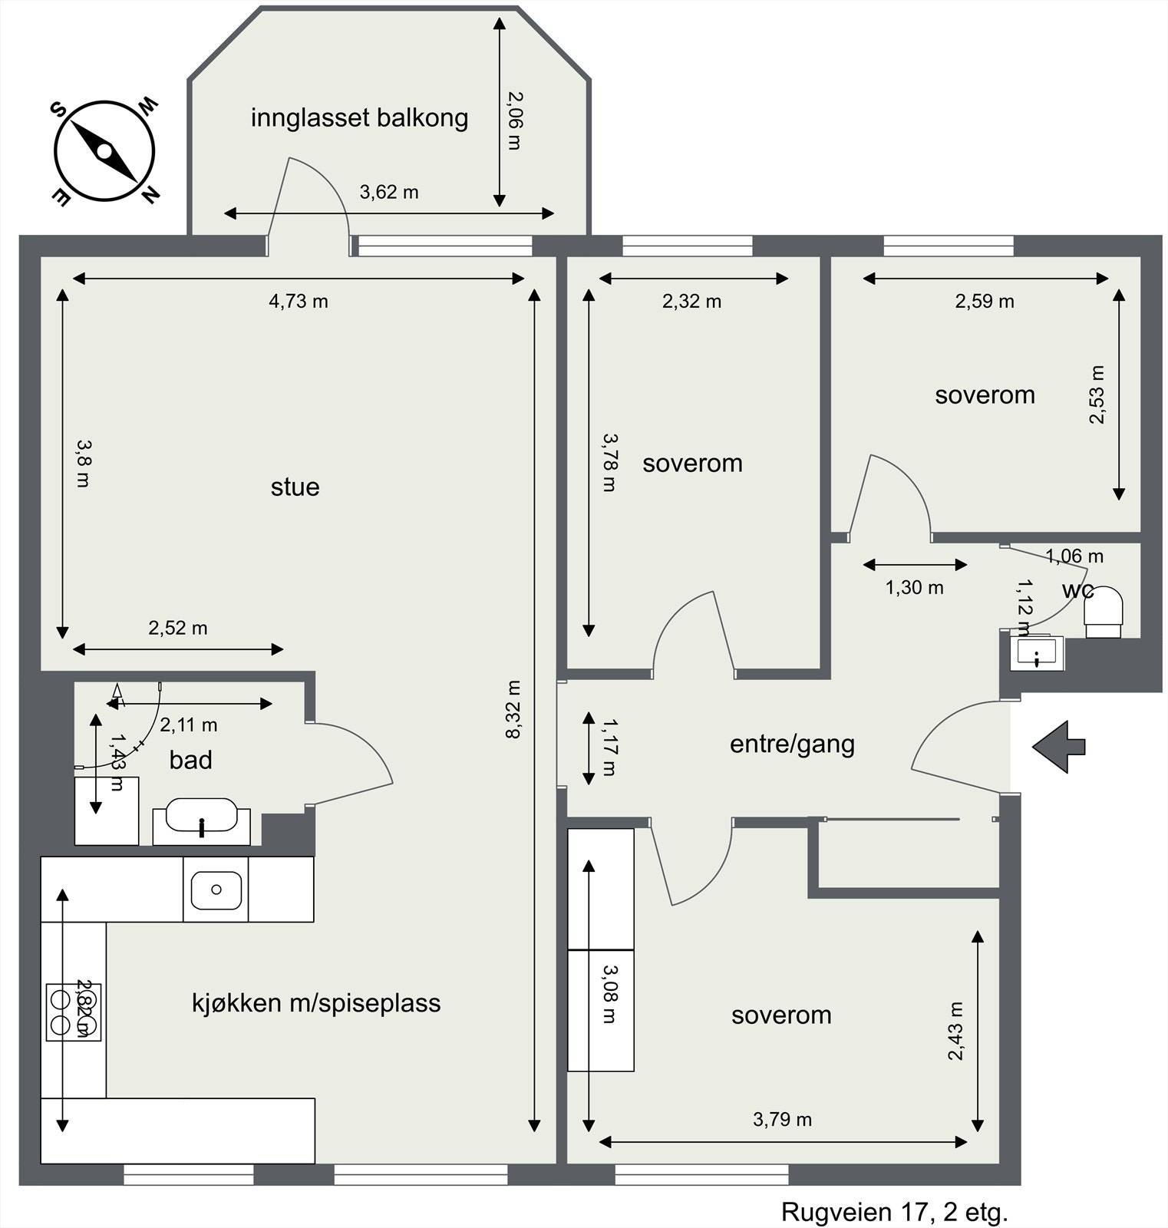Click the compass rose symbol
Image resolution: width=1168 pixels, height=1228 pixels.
click(104, 151)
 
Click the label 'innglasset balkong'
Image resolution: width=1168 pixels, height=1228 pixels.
click(359, 118)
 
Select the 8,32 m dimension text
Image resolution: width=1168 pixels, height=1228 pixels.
click(513, 709)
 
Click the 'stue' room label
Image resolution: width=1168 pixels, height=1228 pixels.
click(295, 487)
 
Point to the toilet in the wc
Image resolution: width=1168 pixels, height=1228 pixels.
click(1104, 611)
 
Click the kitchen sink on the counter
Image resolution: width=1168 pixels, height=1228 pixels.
click(216, 890)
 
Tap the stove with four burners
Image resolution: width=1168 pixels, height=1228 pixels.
click(73, 1012)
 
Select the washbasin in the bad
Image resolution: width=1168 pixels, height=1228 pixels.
click(202, 819)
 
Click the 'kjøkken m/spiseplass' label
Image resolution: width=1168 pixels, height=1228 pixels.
click(316, 1003)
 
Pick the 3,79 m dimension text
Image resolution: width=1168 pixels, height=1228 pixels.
click(782, 1120)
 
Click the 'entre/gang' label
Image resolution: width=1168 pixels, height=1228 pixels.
click(792, 744)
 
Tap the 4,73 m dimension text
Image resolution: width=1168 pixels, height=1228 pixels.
click(298, 302)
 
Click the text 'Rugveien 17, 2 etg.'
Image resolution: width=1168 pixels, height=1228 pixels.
click(894, 1213)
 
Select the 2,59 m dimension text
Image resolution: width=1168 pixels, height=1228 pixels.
click(984, 302)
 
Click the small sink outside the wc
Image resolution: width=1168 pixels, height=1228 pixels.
click(1037, 653)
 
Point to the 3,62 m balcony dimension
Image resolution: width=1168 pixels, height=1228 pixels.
click(389, 192)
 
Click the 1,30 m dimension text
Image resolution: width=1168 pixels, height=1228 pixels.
click(914, 588)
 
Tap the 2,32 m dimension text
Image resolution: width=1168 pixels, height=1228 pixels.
click(691, 302)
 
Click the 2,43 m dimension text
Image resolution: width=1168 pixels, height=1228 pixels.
click(955, 1032)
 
